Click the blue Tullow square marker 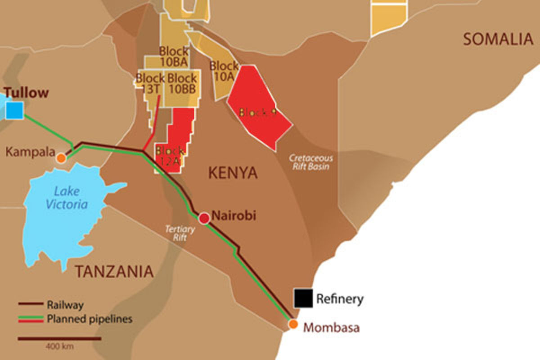coord(14,110)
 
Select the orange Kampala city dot coord(61,158)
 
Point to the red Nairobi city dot coord(204,218)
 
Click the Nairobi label coord(234,216)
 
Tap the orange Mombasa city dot coord(293,324)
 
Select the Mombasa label coord(331,327)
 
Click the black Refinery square coord(303,298)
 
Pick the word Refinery coord(340,298)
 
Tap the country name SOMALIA coord(498,40)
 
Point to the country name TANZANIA coord(114,271)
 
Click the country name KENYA coord(233,173)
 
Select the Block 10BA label coord(173,56)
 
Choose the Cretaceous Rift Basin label coord(310,162)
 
